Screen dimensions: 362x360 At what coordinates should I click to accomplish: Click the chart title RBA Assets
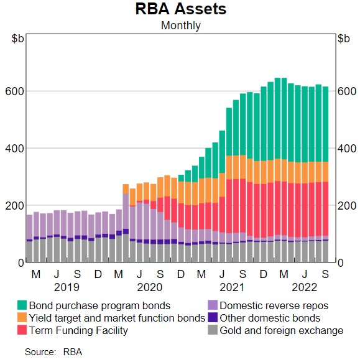point(180,9)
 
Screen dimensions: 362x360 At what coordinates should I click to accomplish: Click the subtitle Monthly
point(180,26)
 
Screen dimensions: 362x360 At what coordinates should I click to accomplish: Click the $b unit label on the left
point(18,39)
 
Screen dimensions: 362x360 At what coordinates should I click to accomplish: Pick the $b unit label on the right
point(343,39)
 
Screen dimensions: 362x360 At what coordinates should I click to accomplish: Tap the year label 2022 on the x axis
point(305,287)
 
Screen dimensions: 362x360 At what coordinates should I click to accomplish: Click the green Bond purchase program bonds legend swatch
point(22,305)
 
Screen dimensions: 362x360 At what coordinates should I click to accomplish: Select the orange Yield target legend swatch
point(22,318)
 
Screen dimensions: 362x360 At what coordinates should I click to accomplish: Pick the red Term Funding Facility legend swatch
point(22,330)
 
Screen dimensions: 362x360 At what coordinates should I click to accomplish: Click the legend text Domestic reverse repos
point(274,305)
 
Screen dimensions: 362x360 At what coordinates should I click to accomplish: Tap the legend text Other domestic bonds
point(269,318)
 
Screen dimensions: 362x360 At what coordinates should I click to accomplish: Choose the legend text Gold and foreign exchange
point(281,330)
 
